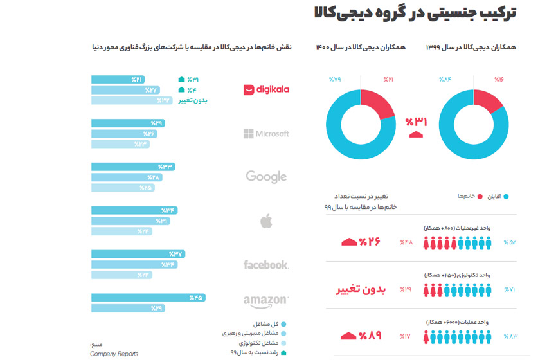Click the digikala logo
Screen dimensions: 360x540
(x=266, y=89)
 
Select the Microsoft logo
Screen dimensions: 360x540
(x=266, y=134)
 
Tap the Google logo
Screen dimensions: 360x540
(x=266, y=177)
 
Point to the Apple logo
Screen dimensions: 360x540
(x=266, y=222)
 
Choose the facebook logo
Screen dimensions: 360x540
(x=266, y=264)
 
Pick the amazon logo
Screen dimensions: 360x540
(x=266, y=301)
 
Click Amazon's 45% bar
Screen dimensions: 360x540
(x=148, y=298)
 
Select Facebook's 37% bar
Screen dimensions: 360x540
(x=138, y=254)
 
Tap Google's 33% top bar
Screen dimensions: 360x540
(x=133, y=166)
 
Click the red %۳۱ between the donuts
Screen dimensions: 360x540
(x=415, y=122)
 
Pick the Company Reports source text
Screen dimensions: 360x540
(x=114, y=354)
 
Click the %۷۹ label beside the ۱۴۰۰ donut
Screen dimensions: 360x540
(x=335, y=80)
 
